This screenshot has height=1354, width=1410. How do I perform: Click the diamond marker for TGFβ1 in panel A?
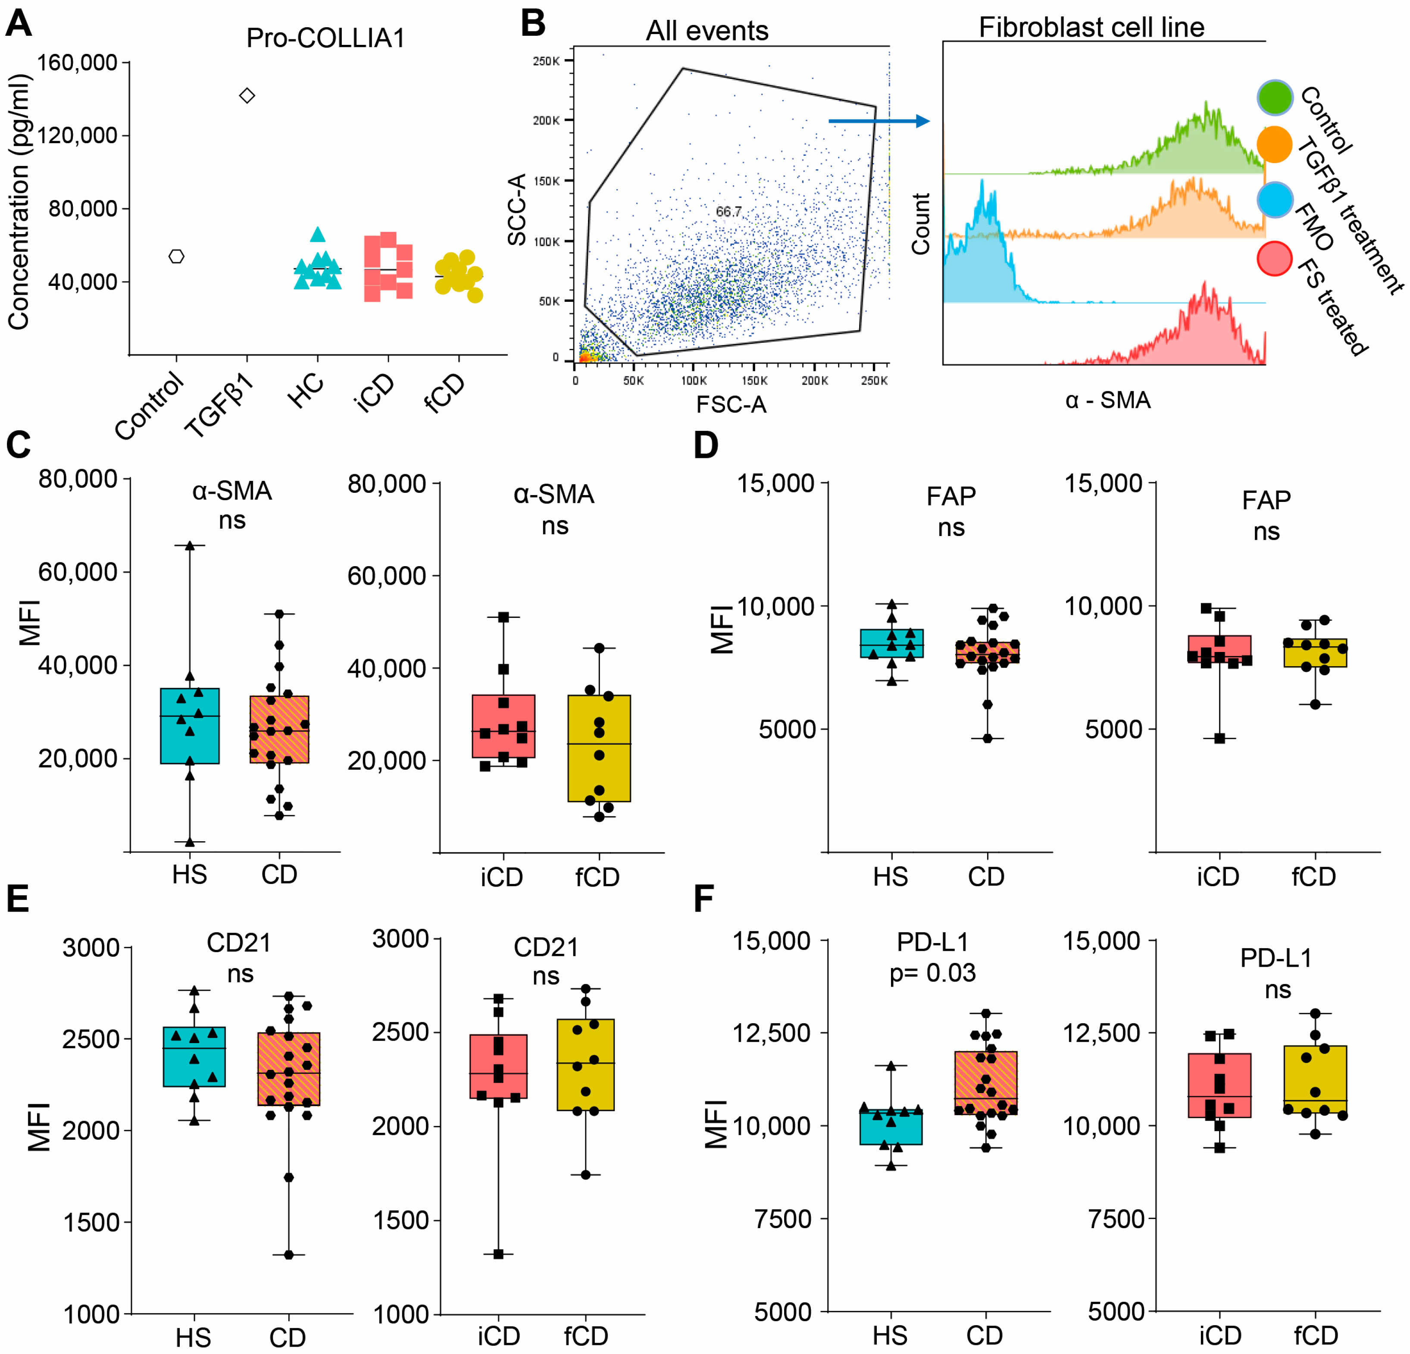247,96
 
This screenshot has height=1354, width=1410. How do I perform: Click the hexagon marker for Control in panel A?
176,257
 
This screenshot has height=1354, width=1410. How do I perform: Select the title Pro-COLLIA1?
325,38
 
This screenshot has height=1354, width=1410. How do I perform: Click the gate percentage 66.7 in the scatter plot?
728,212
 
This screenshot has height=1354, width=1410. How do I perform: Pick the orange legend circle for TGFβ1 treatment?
1275,144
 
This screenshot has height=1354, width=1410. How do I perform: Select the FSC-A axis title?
731,405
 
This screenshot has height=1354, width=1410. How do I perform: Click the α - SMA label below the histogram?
1108,400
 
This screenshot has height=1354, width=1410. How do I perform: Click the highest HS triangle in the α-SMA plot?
190,545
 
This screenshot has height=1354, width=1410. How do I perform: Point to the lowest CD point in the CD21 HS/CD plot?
288,1255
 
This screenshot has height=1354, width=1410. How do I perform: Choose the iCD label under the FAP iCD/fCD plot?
1218,876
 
